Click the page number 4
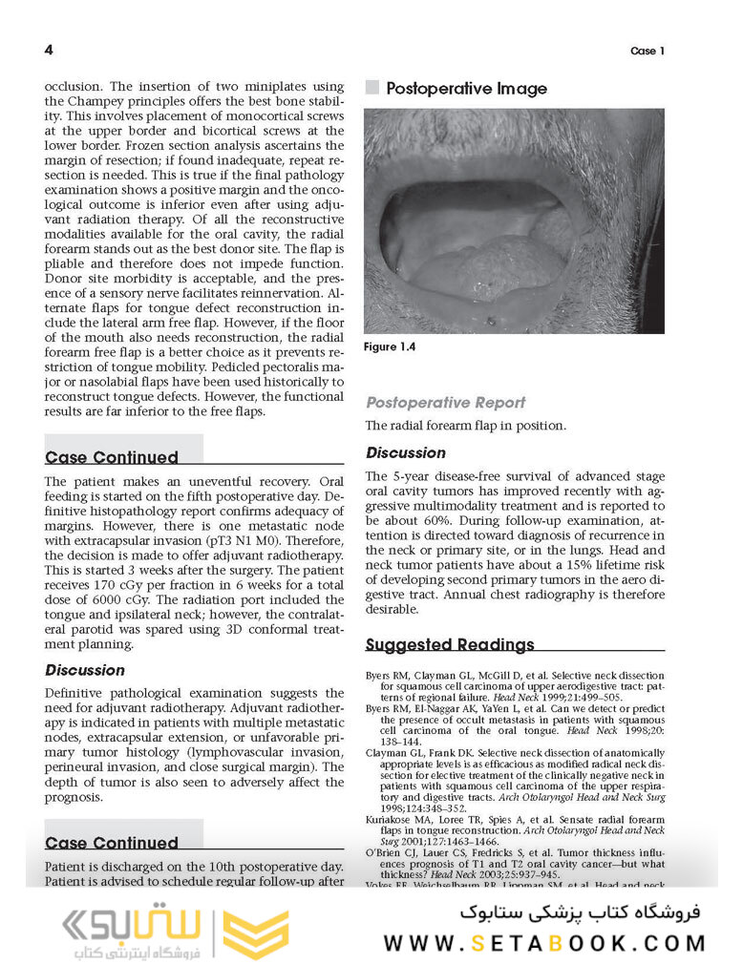coord(49,50)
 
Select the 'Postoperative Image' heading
coord(466,89)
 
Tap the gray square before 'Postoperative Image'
coord(372,88)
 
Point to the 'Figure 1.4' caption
coord(391,347)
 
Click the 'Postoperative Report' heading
coord(445,403)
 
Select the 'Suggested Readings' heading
coord(450,645)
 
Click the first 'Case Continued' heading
coord(112,457)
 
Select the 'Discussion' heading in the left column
coord(85,671)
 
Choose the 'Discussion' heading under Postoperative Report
coord(406,453)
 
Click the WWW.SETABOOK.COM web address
coord(544,943)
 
